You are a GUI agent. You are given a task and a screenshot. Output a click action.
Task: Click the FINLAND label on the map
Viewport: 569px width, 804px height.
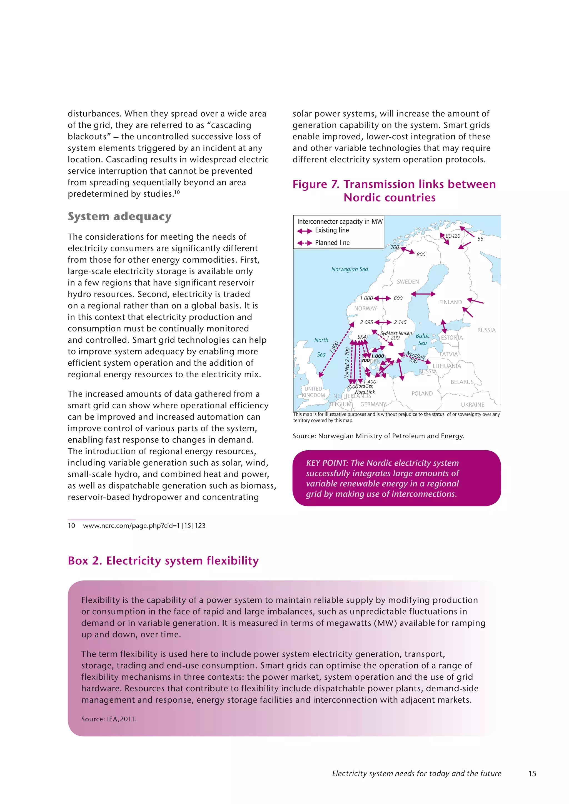(450, 302)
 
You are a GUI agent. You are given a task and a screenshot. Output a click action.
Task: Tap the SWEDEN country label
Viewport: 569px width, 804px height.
(408, 282)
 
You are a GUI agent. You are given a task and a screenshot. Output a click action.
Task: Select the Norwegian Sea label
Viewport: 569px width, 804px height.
(349, 269)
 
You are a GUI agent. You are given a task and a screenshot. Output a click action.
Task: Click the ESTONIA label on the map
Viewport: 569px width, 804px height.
(452, 338)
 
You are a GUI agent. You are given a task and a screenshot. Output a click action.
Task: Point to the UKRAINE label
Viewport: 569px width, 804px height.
(472, 404)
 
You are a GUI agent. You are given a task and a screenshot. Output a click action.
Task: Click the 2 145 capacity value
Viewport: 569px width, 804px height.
(400, 322)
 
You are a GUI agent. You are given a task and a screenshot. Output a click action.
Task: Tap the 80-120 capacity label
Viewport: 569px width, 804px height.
(453, 236)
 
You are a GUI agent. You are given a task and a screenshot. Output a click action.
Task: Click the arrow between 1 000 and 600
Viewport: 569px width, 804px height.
(382, 298)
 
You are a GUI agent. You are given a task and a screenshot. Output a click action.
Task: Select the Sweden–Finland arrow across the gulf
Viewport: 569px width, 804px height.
(423, 294)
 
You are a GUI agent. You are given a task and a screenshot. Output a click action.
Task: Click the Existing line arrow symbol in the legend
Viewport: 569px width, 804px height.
(305, 231)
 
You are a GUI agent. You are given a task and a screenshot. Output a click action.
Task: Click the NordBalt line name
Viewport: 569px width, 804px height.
(416, 356)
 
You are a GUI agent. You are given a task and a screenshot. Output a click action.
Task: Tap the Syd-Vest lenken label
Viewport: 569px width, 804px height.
(396, 333)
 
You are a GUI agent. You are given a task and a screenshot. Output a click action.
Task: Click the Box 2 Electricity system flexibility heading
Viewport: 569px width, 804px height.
(163, 561)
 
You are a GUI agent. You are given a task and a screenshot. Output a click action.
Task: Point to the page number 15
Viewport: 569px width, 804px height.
(532, 773)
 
